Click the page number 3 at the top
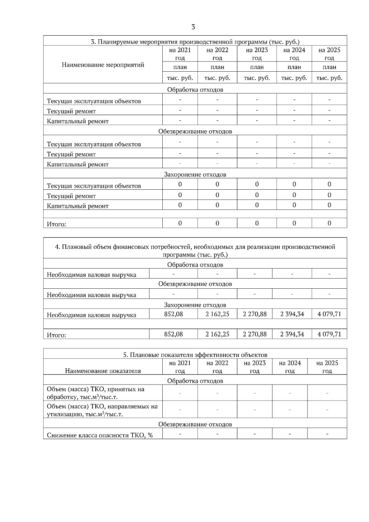[193, 27]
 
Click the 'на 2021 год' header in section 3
[180, 54]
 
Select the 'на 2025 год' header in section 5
[327, 367]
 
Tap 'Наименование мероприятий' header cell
[103, 65]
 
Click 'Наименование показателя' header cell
[103, 371]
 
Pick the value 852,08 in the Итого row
[173, 334]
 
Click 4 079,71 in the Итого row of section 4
[329, 334]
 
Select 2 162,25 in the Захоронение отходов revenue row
[217, 314]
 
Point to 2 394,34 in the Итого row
[292, 334]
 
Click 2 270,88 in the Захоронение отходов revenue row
[255, 314]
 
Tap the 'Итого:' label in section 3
[56, 224]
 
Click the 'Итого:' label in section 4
[56, 335]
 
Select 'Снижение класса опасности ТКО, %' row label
[100, 435]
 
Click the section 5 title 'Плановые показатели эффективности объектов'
[195, 355]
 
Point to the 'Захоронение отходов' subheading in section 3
[195, 175]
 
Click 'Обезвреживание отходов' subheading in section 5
[195, 424]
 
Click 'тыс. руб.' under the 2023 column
[257, 78]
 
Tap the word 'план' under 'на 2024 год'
[294, 67]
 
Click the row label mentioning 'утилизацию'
[102, 410]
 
